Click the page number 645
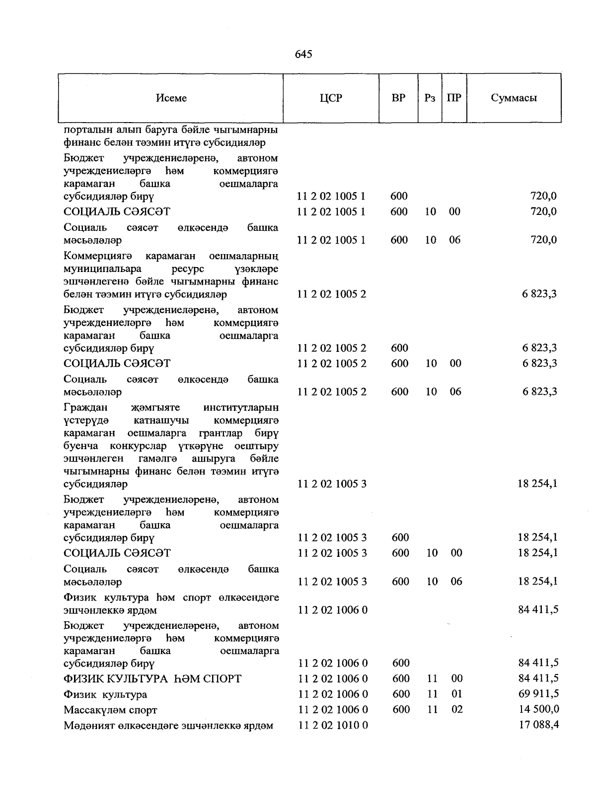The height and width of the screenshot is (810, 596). click(303, 54)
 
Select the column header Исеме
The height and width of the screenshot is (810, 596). click(171, 98)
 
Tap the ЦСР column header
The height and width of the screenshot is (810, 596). click(331, 98)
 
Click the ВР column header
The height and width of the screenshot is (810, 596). click(398, 98)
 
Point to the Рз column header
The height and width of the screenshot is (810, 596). click(430, 98)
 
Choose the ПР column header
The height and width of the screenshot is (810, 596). click(454, 98)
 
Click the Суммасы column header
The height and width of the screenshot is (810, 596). click(514, 98)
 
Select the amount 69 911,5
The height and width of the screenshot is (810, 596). click(538, 694)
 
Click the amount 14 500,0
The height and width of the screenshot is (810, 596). click(538, 709)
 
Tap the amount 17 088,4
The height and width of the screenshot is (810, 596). click(538, 725)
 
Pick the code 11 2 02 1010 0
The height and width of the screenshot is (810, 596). click(333, 725)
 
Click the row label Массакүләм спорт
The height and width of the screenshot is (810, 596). click(110, 710)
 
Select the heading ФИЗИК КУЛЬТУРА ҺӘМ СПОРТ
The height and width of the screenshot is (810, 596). click(152, 678)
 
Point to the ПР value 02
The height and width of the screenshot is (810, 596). click(456, 709)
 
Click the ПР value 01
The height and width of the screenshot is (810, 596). click(456, 694)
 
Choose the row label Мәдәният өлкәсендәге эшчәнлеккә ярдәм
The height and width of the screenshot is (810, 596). click(168, 726)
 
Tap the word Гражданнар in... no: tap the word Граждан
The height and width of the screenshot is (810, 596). click(85, 408)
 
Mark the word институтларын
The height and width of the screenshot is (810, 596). click(241, 408)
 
